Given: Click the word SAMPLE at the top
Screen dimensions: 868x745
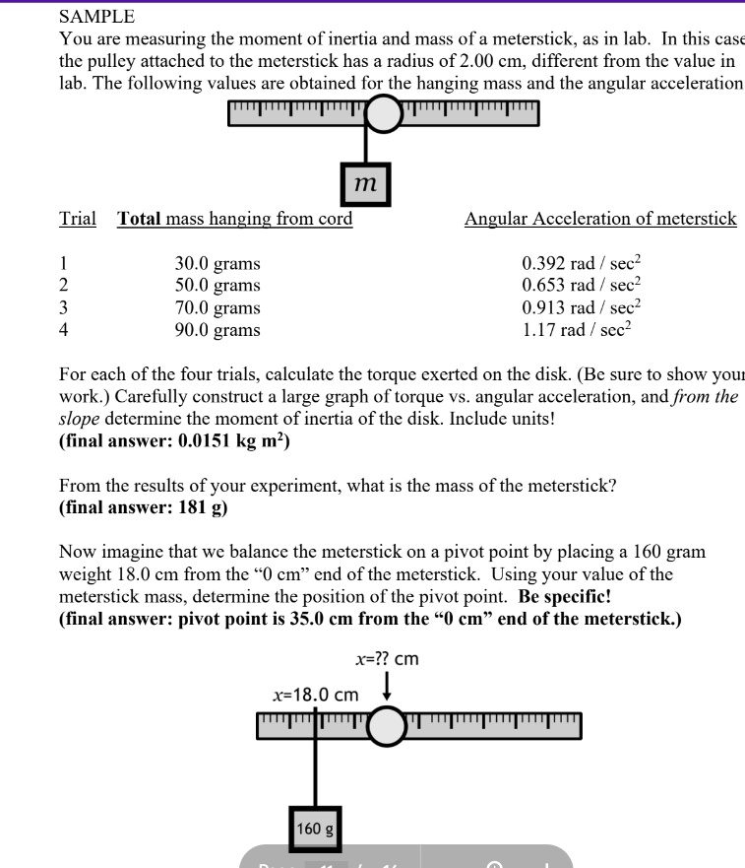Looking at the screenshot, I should coord(97,16).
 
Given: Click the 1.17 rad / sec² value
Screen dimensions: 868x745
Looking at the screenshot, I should coord(576,329).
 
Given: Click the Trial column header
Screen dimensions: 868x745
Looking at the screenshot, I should coord(78,219).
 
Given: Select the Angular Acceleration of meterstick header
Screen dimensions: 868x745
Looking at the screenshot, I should coord(600,219).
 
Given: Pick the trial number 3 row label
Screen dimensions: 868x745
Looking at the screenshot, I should coord(65,307).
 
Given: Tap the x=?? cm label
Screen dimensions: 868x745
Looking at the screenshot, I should coord(387,658).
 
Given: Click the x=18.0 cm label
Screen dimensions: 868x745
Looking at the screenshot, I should coord(315,695).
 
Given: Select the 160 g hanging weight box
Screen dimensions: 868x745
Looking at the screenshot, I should coord(315,829).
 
